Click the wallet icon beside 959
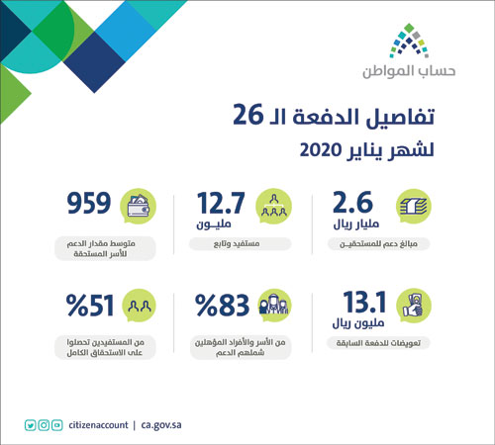(138, 208)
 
